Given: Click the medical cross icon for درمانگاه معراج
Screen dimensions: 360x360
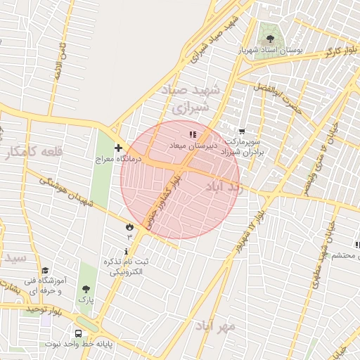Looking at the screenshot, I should (118, 148).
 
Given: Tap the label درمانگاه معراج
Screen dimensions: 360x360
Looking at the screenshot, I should (119, 159).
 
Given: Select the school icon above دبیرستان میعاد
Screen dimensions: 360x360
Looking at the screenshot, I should (193, 134).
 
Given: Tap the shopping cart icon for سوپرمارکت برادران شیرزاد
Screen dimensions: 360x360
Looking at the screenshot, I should (242, 131).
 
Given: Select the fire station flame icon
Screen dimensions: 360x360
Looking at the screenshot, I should (129, 226).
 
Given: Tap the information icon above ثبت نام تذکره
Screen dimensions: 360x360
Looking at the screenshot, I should (127, 251).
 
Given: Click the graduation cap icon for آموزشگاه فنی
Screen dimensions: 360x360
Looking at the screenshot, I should (46, 271).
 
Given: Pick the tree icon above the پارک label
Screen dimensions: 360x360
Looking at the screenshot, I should (86, 289).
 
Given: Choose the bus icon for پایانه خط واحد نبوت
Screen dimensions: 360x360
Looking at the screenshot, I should (77, 333).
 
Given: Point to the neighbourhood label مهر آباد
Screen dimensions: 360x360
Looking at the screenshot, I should (237, 326).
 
